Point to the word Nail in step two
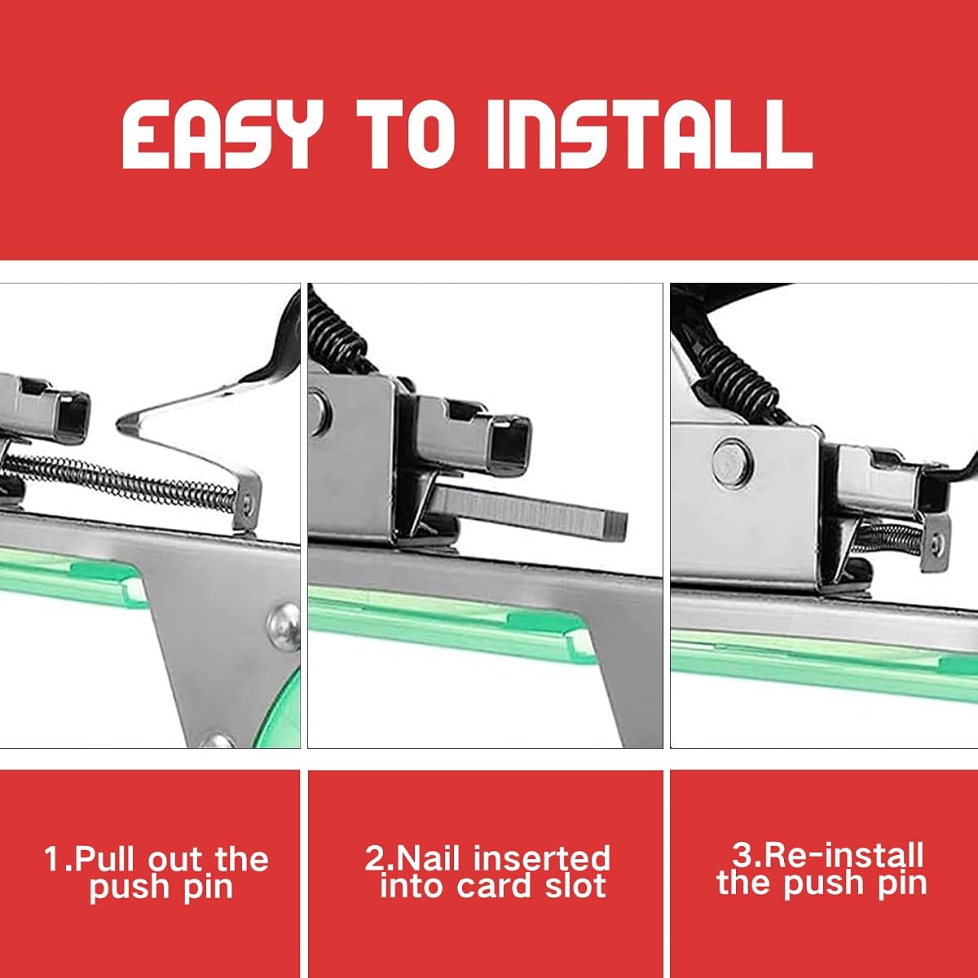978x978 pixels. point(430,857)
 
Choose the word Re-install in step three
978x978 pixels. point(843,855)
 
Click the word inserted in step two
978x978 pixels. point(542,857)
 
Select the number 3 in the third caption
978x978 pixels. point(742,855)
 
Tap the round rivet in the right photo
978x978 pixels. point(733,462)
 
